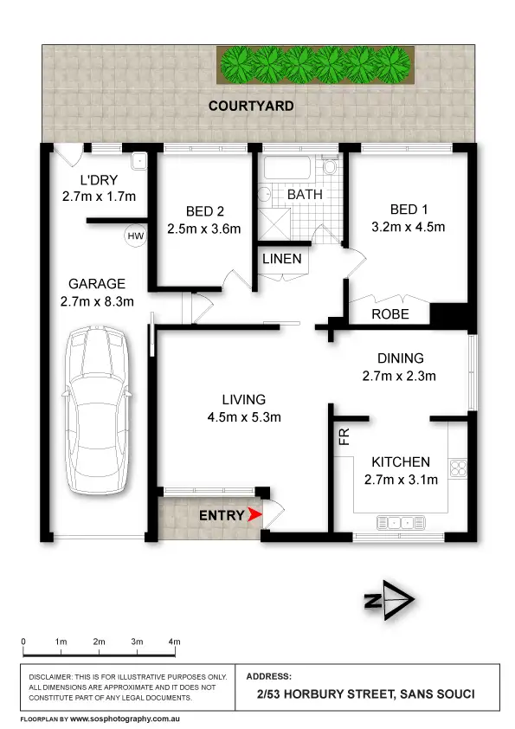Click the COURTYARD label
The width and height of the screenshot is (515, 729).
[251, 106]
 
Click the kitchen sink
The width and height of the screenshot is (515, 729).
[399, 522]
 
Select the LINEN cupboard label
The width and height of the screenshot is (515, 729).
[283, 259]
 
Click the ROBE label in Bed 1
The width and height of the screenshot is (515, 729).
[389, 314]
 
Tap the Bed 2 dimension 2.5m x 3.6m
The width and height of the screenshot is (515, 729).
[203, 229]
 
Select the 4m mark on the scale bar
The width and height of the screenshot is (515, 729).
[175, 642]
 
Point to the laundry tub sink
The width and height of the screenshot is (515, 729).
[138, 160]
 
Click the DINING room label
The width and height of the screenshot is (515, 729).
[399, 358]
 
